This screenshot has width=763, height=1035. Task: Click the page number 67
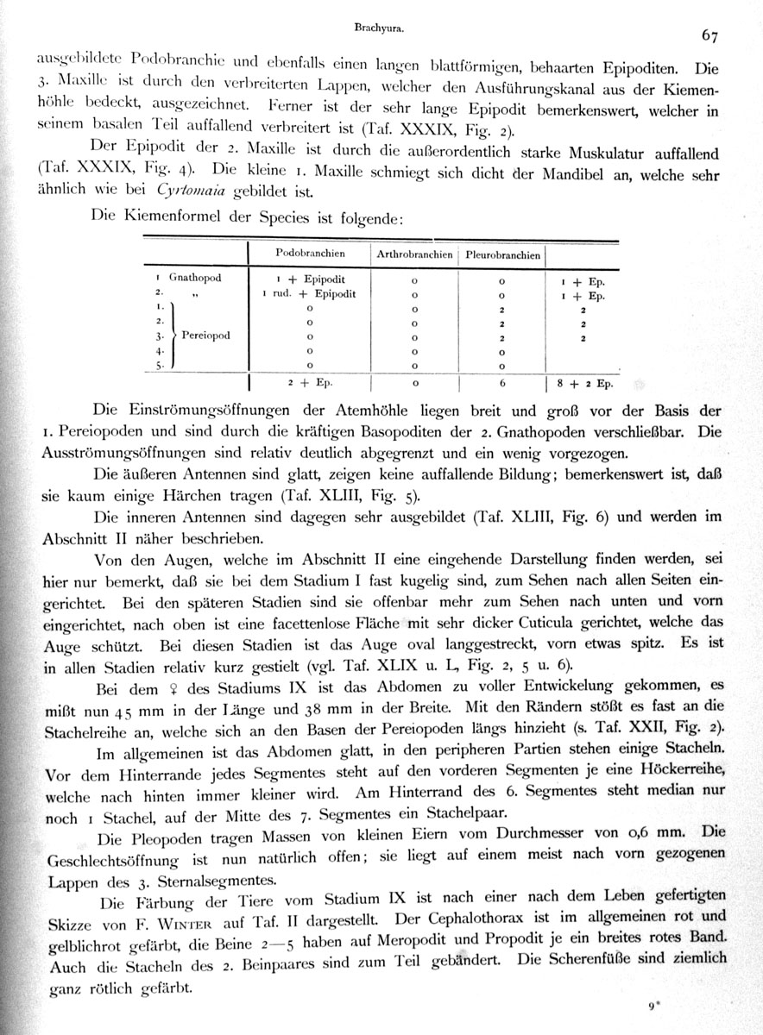click(x=710, y=35)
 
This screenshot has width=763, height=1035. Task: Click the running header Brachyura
click(x=380, y=28)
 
